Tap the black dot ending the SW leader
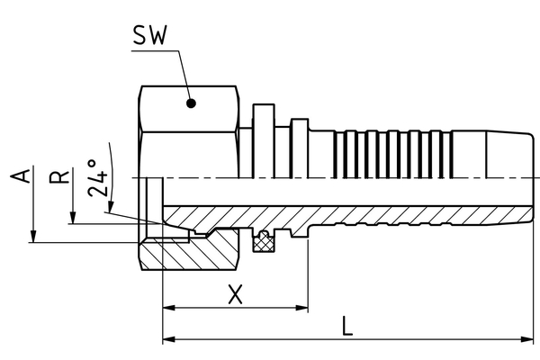192,103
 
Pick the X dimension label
235,294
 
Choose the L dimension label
347,326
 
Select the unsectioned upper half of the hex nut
189,135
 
